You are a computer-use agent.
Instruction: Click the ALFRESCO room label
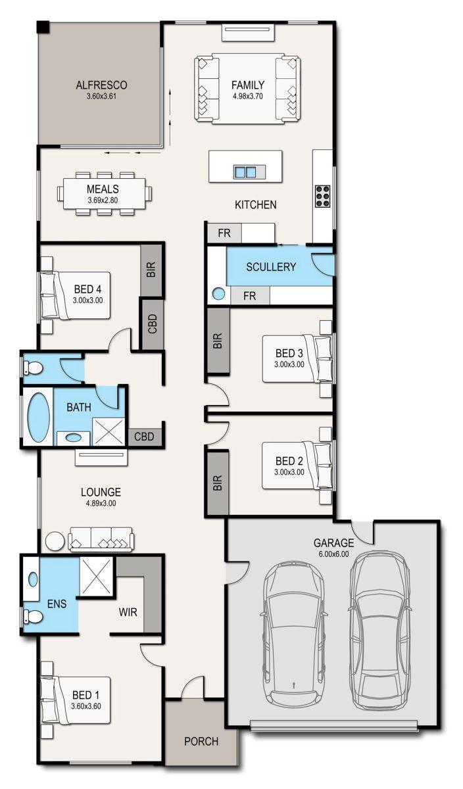tap(101, 85)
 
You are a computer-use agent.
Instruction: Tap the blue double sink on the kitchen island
tap(245, 172)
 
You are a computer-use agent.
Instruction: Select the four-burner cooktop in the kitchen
tap(323, 196)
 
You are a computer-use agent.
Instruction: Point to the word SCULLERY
tap(271, 267)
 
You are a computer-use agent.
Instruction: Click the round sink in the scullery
tap(218, 295)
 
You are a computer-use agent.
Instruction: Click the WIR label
tap(128, 611)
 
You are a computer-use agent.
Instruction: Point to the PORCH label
tap(201, 742)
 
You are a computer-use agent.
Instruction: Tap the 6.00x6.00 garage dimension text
tap(333, 554)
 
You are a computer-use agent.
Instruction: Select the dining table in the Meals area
tap(104, 194)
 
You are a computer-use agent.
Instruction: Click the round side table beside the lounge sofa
tap(54, 541)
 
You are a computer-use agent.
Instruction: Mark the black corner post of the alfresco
tap(43, 27)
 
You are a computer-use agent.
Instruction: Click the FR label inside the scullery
tap(249, 296)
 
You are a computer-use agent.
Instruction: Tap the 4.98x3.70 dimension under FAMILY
tap(247, 96)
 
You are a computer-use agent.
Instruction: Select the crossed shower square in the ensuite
tap(96, 576)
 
